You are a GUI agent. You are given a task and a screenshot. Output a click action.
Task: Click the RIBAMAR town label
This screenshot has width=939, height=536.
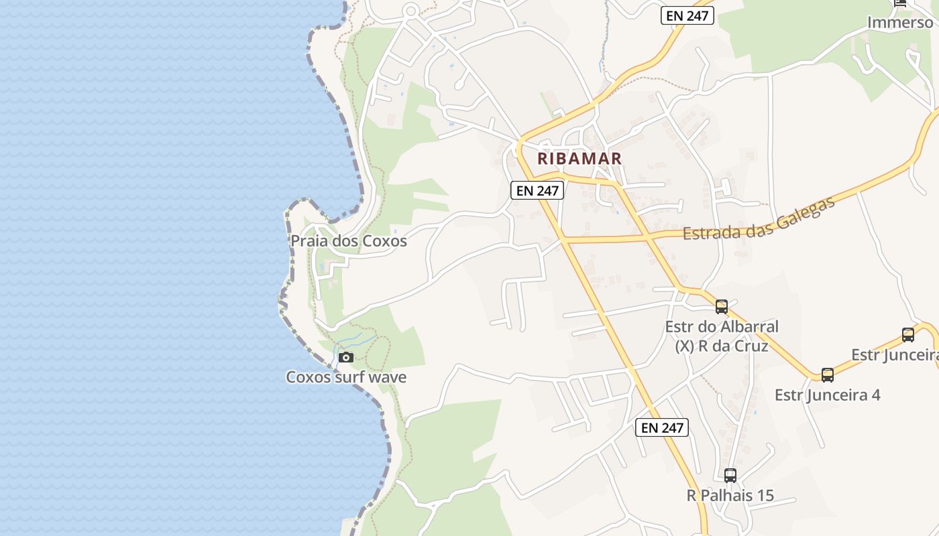pos(579,159)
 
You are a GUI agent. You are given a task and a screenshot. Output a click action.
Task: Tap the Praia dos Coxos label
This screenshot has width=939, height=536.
pos(348,241)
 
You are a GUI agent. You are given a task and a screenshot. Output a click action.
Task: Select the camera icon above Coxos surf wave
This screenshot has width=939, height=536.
pos(346,357)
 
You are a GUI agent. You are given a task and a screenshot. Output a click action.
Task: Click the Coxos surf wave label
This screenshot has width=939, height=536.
pos(346,377)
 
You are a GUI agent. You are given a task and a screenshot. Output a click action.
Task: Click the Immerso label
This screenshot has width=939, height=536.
pos(900,22)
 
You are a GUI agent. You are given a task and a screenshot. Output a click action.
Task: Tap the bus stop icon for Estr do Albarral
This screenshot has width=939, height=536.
pos(722,307)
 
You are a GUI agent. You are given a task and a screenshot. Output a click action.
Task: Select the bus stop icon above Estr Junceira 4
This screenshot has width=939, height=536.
pos(828,375)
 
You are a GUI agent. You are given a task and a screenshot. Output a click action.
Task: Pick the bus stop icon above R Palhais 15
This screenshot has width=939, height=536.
pos(730,476)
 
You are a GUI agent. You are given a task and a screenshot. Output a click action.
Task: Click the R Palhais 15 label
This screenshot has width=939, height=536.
pos(730,496)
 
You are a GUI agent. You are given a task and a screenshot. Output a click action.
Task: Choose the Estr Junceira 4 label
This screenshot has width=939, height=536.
pos(828,395)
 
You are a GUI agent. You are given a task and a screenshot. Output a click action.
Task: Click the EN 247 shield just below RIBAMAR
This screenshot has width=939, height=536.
pos(537,190)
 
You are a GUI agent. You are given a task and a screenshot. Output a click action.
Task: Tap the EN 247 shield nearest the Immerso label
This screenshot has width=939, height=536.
pos(687,15)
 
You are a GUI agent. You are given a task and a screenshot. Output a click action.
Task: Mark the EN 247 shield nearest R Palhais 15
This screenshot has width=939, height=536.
pos(662,427)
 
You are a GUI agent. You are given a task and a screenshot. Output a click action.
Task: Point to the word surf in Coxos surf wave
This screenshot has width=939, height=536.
pos(348,377)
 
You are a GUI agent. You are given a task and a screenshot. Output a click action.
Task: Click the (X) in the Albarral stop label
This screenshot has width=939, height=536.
pos(683,346)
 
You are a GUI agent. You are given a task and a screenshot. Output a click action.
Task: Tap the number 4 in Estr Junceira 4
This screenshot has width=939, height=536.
pos(875,395)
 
